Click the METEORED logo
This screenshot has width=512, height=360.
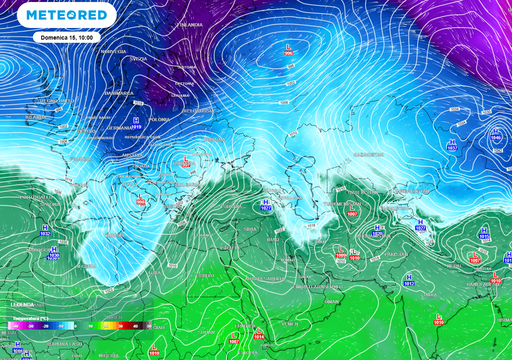[69, 16]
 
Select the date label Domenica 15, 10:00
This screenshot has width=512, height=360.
[65, 36]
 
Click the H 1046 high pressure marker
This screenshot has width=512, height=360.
[452, 144]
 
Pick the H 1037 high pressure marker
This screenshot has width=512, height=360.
[496, 135]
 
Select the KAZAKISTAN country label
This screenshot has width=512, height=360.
[372, 155]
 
